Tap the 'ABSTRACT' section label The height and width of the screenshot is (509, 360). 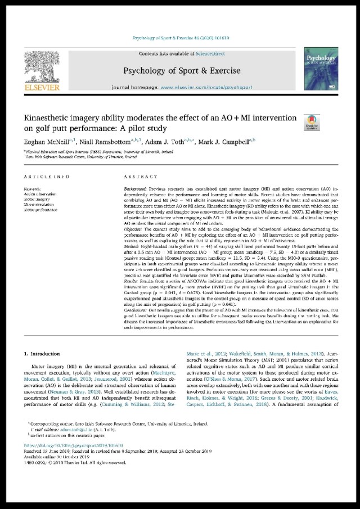click(x=137, y=176)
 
